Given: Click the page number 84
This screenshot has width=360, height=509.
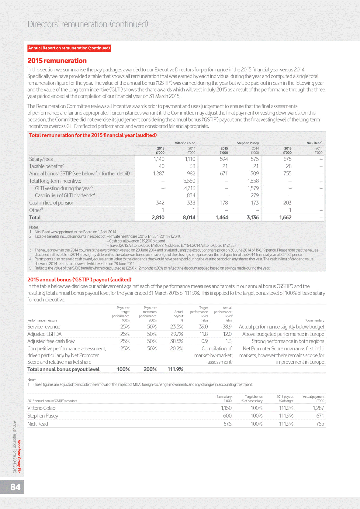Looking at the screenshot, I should tap(16, 487).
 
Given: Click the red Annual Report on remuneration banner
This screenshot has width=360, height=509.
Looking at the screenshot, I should tap(69, 48).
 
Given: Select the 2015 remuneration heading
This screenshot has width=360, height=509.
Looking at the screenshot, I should tap(57, 61).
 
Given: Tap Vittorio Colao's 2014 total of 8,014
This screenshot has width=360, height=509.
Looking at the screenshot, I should tap(189, 218).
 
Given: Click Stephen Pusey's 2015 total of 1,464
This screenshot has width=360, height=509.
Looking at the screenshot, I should tap(222, 218).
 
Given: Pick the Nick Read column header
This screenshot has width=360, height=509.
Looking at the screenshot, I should tap(314, 143).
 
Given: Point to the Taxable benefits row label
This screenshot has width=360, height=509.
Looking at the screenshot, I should tap(47, 166).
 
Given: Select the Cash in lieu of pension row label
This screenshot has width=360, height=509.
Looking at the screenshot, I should tap(52, 203).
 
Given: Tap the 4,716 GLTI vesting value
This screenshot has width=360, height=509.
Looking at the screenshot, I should tap(189, 188).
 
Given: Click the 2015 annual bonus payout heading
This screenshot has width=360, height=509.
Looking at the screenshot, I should tap(79, 280).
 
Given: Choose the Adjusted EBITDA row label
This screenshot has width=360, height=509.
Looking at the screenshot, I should tap(44, 334).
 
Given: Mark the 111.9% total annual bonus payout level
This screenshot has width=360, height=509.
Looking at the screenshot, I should tap(175, 369).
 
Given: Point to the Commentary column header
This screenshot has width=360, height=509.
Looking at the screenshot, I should tap(315, 320).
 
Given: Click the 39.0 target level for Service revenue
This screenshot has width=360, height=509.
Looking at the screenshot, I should tap(203, 327).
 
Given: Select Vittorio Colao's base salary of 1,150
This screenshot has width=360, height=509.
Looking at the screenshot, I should tap(226, 408).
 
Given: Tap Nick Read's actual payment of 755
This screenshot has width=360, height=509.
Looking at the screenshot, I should tap(320, 424).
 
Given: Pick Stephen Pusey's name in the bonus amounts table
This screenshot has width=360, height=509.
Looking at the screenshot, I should tap(43, 416).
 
